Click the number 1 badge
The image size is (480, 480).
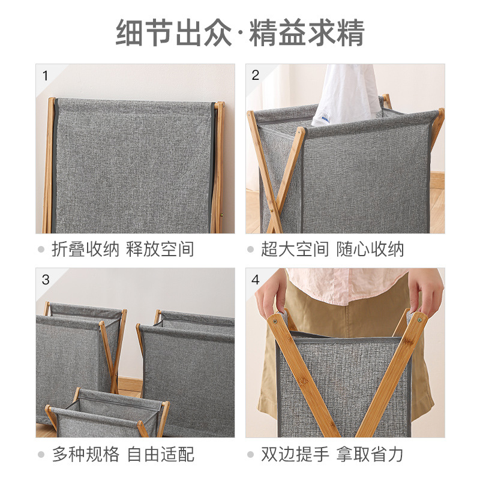45,76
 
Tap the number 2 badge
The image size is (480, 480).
256,76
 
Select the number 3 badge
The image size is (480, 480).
46,280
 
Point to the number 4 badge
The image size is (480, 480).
256,280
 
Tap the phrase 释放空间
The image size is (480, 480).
160,250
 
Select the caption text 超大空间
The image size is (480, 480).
295,250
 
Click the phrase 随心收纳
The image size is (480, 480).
370,250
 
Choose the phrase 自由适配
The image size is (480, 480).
160,454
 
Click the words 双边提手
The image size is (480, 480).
295,454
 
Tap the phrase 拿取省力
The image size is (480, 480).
370,454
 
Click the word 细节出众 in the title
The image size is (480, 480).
173,33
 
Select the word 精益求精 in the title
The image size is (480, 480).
307,33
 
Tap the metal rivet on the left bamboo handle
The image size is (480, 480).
275,321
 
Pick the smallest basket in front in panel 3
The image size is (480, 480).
105,414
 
